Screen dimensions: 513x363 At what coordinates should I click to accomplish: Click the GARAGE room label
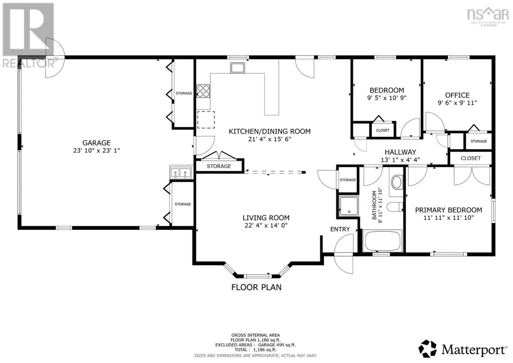coord(96,143)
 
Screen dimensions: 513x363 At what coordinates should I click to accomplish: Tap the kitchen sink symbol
coord(238,68)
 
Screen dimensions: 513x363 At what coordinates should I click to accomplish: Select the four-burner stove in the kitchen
coord(203,91)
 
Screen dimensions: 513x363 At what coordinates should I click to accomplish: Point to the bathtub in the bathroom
coord(382,241)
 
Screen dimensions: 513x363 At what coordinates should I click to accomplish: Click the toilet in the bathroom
coord(395,207)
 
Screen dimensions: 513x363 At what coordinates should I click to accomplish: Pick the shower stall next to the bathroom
coord(348,206)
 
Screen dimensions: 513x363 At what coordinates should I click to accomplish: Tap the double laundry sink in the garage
coord(180,172)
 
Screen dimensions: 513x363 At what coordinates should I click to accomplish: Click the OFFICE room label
coord(457,95)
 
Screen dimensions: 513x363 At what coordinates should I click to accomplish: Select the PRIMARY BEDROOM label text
coord(448,210)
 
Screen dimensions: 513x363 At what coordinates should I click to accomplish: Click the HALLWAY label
coord(400,152)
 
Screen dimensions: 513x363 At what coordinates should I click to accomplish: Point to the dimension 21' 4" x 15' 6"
coord(270,139)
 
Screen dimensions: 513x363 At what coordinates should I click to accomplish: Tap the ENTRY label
coord(340,229)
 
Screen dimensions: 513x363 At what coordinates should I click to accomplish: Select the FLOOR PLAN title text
coord(256,287)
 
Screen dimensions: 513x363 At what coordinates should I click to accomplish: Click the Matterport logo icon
coord(428,349)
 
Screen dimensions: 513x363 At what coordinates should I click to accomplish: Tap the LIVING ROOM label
coord(266,218)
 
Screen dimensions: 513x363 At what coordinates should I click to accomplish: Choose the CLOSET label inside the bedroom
coord(383,130)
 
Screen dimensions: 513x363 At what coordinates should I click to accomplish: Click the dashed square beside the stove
coord(206,120)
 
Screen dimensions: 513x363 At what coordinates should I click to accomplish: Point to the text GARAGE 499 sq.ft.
coord(277,345)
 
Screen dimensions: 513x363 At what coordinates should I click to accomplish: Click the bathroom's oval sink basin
coord(397,182)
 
